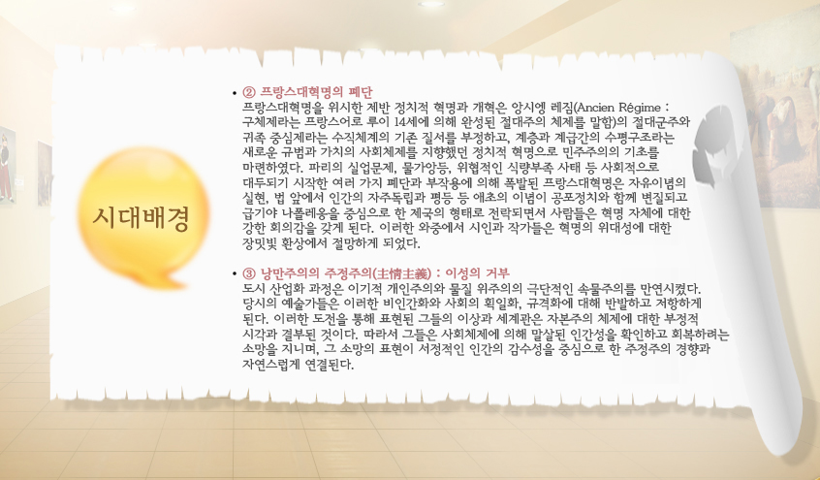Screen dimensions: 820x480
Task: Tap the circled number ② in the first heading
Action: [x=249, y=93]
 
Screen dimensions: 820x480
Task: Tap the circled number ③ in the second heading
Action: [x=249, y=273]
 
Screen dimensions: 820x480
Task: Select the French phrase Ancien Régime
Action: [x=618, y=108]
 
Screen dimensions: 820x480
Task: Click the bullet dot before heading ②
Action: [x=235, y=94]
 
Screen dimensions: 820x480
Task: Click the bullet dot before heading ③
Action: [x=235, y=273]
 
